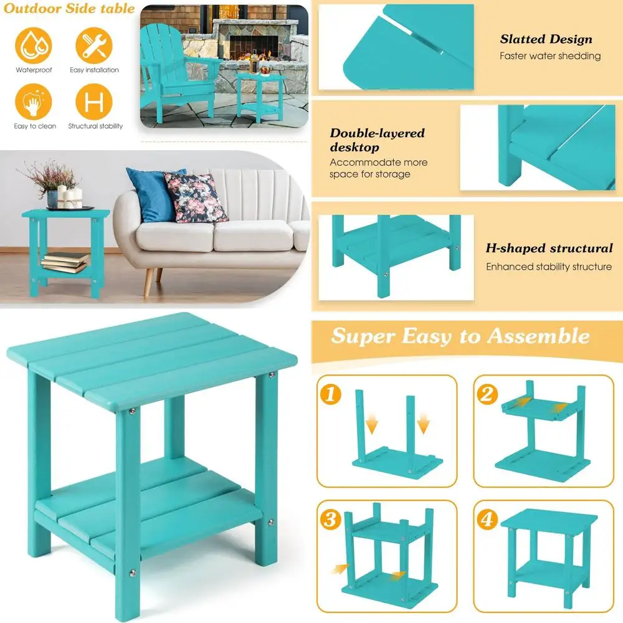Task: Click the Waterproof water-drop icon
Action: pos(34,45)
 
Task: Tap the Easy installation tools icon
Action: pos(94,45)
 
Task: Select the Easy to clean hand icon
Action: pos(34,102)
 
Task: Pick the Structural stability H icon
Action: pos(94,102)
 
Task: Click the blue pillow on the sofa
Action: pos(151,194)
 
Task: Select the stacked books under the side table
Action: pos(65,262)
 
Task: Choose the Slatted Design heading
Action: pos(546,39)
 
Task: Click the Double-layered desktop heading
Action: pos(377,140)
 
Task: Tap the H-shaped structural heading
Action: pos(549,248)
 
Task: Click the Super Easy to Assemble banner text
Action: pos(460,336)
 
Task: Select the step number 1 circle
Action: pos(331,394)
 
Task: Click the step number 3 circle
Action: pos(331,519)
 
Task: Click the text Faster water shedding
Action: pos(549,56)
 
